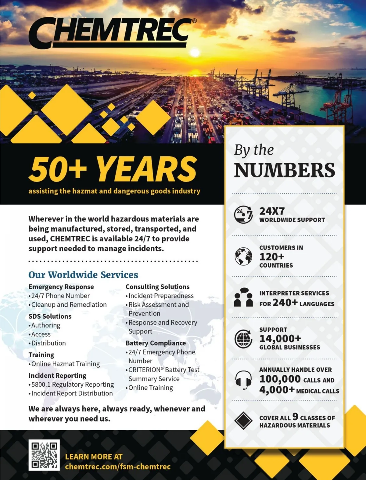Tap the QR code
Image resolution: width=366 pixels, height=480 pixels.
click(44, 455)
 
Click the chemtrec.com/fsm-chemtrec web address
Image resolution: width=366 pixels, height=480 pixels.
click(118, 467)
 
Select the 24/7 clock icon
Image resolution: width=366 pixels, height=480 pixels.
click(243, 215)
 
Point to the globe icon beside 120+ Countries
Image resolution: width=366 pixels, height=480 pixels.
click(243, 256)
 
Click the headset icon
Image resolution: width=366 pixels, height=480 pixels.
click(243, 380)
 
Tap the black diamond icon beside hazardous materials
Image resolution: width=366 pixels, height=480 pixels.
click(243, 421)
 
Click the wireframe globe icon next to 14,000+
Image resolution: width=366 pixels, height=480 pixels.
click(243, 338)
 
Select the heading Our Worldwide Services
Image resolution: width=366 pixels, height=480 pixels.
click(83, 275)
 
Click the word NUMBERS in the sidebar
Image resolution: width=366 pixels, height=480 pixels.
click(285, 170)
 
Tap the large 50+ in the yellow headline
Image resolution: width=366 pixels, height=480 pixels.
click(58, 169)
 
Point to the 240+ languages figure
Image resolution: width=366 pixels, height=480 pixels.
click(285, 302)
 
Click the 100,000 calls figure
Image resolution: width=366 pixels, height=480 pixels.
click(280, 379)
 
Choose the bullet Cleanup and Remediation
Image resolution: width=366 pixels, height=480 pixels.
click(69, 305)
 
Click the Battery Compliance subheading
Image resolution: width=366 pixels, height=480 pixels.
click(156, 343)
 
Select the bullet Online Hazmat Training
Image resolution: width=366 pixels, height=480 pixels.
click(66, 364)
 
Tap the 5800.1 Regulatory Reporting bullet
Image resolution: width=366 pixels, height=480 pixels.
click(73, 384)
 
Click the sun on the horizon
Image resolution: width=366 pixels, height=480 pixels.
click(195, 53)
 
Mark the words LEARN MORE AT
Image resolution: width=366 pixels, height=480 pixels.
click(94, 457)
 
